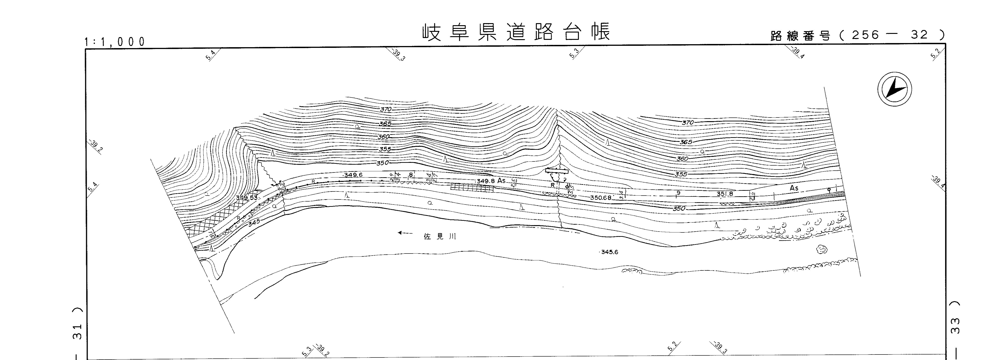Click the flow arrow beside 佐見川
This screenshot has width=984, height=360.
point(405,233)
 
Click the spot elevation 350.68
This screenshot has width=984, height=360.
point(600,198)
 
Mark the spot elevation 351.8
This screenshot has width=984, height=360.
point(725,194)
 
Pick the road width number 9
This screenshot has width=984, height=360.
point(678,193)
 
